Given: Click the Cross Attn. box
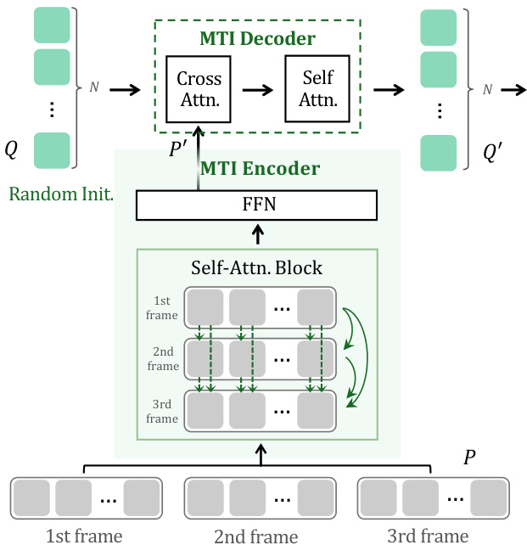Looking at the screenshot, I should [x=199, y=88].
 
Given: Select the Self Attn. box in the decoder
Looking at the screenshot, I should [x=318, y=88].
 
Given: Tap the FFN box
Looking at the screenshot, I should [x=256, y=205].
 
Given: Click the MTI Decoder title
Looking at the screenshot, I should [x=258, y=39].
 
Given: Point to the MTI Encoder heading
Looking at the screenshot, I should [x=260, y=168].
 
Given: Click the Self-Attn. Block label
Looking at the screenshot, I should [x=256, y=267].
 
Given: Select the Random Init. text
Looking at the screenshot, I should [x=61, y=194].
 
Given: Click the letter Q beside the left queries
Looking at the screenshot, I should [x=11, y=149].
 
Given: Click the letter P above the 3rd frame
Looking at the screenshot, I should [x=470, y=458].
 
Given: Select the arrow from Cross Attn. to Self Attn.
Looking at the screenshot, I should [x=258, y=88].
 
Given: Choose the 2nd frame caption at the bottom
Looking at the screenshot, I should [x=256, y=536].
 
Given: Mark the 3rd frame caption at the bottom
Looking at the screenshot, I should [x=428, y=536].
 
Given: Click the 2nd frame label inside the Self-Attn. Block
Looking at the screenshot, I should [x=162, y=358].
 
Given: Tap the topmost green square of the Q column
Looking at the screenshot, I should [x=51, y=24].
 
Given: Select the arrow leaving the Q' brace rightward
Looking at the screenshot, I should [x=511, y=88].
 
